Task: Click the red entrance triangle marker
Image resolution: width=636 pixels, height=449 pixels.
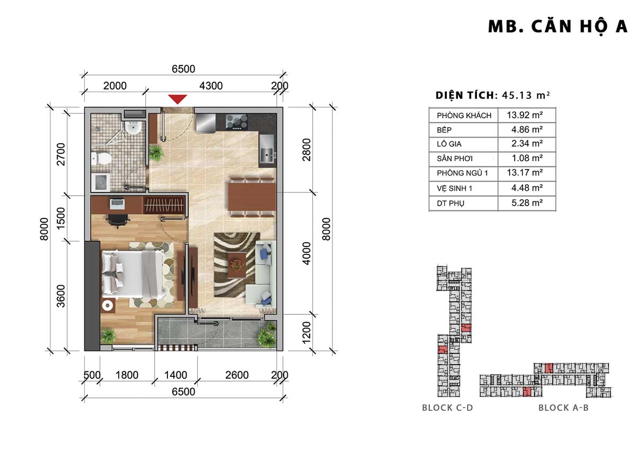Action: [178, 99]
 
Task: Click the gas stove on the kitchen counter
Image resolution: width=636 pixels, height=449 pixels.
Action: [237, 122]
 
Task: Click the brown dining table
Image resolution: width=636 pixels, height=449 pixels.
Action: [252, 197]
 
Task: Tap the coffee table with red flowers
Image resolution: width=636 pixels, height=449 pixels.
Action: [237, 265]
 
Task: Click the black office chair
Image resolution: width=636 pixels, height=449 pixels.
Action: [118, 221]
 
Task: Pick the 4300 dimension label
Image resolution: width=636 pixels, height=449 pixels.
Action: [211, 86]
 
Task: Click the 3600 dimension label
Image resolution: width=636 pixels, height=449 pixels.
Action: [61, 296]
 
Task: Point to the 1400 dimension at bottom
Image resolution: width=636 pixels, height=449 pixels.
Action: [176, 375]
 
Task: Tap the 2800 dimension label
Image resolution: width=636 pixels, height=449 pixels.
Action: [307, 149]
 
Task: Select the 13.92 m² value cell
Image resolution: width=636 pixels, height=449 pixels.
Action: [525, 115]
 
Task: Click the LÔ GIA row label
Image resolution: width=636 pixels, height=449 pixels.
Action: [449, 144]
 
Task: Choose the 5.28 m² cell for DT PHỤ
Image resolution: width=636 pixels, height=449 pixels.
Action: [527, 203]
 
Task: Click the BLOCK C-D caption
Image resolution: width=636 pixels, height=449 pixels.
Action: [447, 408]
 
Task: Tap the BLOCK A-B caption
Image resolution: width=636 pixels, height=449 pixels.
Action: [563, 408]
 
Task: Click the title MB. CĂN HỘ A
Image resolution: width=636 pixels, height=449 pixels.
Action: [558, 27]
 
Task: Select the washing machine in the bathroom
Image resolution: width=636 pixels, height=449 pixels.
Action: [101, 181]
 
